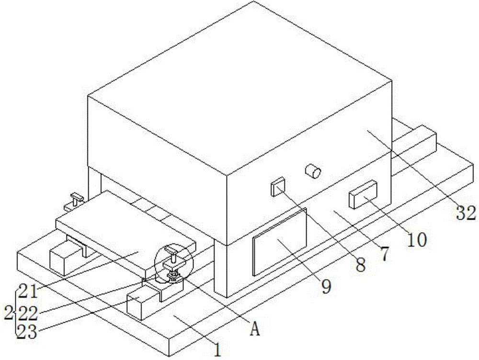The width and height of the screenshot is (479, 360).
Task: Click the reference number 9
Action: (326, 286)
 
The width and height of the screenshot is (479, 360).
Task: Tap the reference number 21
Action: (27, 291)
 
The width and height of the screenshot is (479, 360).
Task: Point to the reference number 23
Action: (27, 332)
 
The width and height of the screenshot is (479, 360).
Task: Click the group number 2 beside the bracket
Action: (8, 314)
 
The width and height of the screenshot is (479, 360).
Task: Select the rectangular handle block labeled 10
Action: (363, 194)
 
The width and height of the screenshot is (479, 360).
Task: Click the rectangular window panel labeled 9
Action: (280, 241)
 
